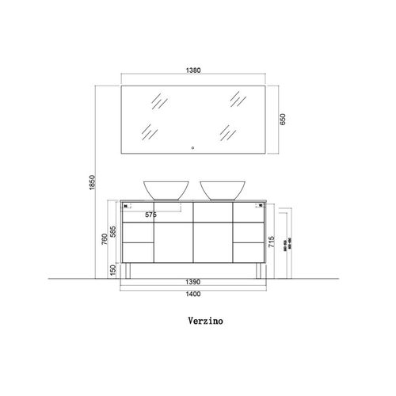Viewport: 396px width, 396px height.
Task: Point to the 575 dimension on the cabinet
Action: coord(152,215)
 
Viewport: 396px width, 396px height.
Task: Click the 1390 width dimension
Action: coord(193,281)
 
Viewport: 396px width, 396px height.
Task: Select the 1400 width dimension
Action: coord(193,295)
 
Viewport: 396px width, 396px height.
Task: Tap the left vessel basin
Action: coord(164,189)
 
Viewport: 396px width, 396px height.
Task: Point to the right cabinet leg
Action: coord(256,271)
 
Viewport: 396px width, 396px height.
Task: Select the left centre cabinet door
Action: coord(173,242)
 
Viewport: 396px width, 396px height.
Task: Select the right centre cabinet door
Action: coord(213,242)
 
